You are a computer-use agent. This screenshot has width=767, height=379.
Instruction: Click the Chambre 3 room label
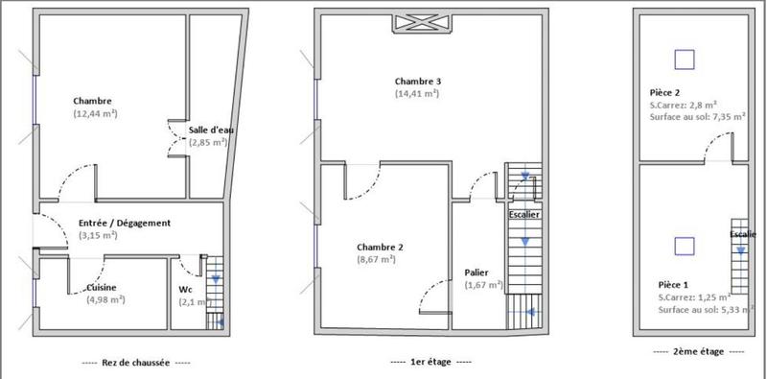click(x=417, y=81)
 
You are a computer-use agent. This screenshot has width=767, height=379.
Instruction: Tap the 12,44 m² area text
click(x=95, y=113)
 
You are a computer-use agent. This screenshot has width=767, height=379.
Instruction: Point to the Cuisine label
click(x=103, y=287)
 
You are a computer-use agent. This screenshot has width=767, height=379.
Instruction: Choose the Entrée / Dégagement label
click(x=125, y=223)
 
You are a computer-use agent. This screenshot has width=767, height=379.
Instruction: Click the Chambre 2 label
click(x=380, y=247)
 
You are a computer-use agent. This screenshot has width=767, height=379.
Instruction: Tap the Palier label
click(x=477, y=272)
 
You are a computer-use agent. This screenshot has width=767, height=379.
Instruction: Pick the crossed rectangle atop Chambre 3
click(x=417, y=22)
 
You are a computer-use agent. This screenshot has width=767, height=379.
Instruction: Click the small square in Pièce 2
click(x=684, y=59)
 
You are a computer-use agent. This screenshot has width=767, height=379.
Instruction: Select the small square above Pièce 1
click(x=684, y=246)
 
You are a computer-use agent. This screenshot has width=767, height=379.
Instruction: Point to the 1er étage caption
click(x=431, y=363)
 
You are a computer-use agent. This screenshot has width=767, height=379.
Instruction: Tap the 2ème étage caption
click(x=686, y=352)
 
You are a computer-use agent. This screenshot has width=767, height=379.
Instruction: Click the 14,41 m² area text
click(x=417, y=93)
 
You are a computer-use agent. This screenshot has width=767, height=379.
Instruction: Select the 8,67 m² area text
click(x=377, y=259)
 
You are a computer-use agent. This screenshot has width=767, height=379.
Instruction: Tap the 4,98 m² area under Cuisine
click(x=105, y=299)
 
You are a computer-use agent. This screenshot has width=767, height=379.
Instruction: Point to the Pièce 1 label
click(x=672, y=285)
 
